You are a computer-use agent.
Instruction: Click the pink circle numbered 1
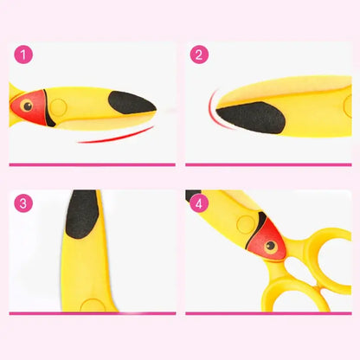click(23, 55)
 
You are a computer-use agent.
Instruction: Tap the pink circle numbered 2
click(199, 55)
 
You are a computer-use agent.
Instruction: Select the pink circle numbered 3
click(23, 203)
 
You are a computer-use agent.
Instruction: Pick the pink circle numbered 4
click(199, 204)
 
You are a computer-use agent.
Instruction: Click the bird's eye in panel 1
click(28, 106)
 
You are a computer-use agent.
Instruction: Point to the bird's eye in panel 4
click(271, 246)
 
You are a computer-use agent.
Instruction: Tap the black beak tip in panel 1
click(132, 103)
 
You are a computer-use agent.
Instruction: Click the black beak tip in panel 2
click(251, 117)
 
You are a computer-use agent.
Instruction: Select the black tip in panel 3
click(82, 214)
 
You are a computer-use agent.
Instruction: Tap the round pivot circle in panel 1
click(58, 107)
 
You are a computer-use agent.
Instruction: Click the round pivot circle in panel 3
click(93, 305)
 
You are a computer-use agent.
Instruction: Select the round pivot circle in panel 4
click(246, 224)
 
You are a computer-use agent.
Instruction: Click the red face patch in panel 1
click(29, 107)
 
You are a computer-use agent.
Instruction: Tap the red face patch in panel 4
click(267, 240)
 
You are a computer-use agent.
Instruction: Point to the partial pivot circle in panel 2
click(348, 106)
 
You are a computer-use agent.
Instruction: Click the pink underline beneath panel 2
click(268, 165)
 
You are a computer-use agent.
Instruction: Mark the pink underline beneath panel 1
click(93, 165)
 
